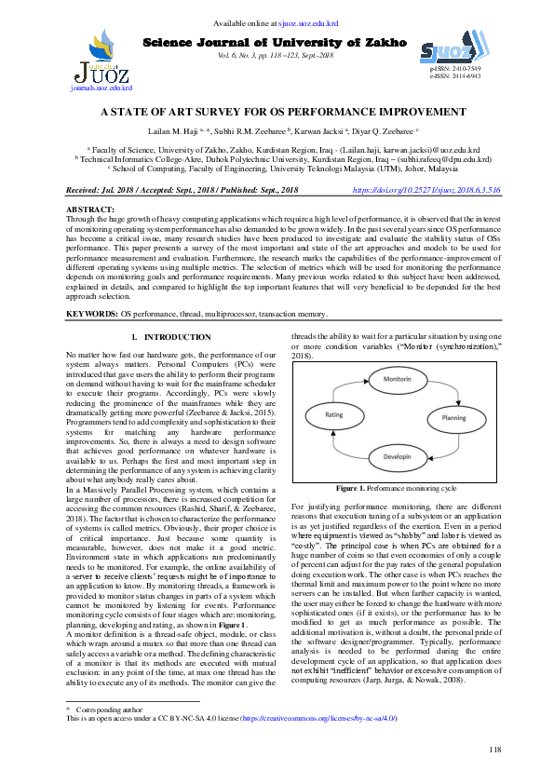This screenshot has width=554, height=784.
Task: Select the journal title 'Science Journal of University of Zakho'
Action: (276, 43)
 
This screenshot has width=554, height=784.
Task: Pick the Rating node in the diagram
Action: (333, 416)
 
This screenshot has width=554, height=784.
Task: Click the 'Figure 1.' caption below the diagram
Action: (350, 488)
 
